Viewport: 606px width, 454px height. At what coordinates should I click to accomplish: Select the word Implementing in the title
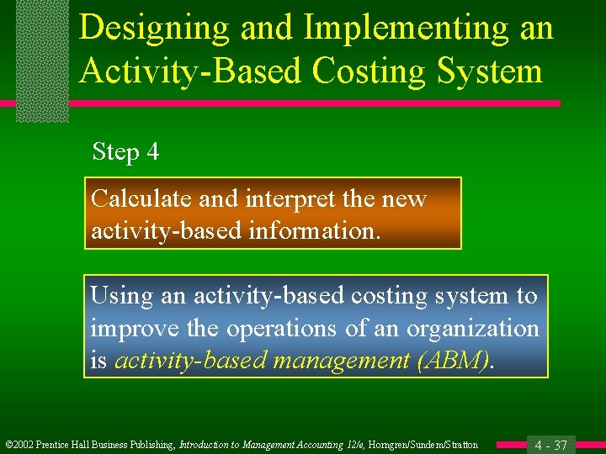(406, 29)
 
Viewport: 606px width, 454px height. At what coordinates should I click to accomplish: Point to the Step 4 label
(125, 152)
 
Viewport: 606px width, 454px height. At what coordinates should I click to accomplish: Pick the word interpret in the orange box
(287, 199)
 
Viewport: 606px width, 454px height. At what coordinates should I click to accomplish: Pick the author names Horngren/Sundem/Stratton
(428, 445)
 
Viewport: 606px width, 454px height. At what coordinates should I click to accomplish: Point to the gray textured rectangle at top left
(42, 61)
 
